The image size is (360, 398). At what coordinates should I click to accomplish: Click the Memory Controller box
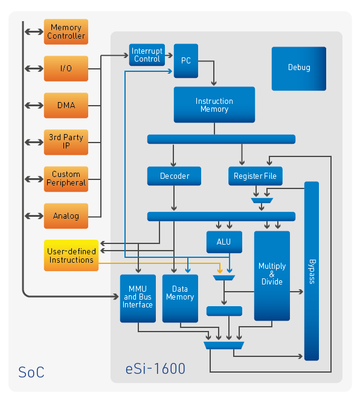(66, 32)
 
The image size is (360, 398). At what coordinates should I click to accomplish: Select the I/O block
(66, 68)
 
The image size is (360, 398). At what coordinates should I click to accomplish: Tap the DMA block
(66, 105)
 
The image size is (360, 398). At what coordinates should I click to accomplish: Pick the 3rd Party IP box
(66, 142)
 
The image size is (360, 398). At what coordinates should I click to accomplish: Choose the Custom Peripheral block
(66, 179)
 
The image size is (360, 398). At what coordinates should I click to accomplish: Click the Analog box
(66, 216)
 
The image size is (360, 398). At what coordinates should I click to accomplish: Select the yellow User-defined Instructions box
(71, 255)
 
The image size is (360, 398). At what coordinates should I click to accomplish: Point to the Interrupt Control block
(147, 55)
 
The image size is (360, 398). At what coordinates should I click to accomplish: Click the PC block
(186, 60)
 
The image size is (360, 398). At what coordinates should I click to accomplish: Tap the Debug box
(299, 68)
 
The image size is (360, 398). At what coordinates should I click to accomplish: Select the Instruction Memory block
(214, 104)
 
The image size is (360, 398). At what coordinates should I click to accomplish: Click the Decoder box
(174, 176)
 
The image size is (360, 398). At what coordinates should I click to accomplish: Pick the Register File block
(256, 176)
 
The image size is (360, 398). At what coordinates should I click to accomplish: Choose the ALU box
(224, 242)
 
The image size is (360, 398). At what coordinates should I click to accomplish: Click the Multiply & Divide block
(272, 275)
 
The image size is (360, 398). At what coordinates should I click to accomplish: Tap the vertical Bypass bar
(312, 271)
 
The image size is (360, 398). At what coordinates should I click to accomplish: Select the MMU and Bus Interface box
(138, 298)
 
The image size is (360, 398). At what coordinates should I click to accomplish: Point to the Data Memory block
(180, 298)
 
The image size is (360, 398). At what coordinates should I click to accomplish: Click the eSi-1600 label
(155, 368)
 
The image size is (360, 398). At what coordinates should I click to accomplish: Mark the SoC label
(31, 372)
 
